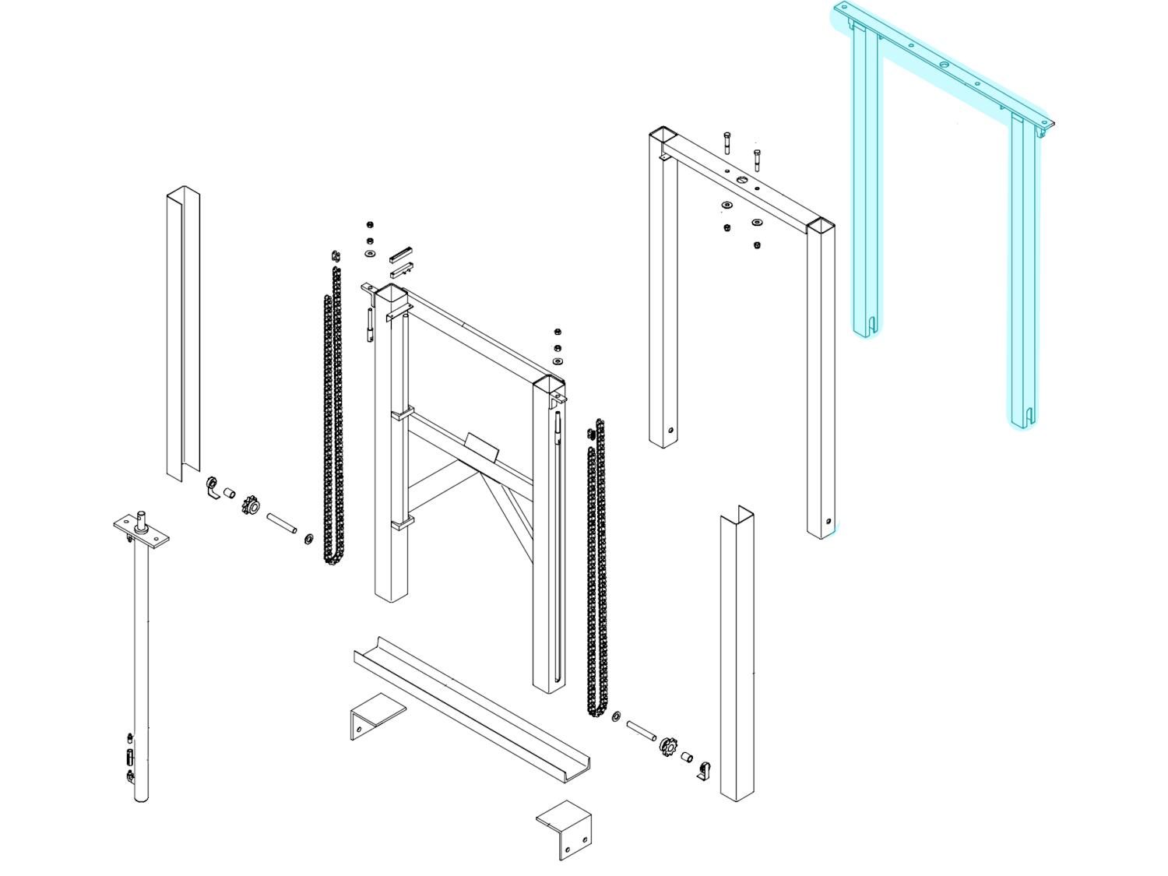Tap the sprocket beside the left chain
252,507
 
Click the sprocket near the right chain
668,747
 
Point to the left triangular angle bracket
375,716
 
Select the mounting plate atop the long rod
142,531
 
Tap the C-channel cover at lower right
737,654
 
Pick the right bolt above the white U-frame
757,159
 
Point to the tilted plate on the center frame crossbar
481,447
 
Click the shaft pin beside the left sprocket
281,522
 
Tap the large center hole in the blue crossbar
945,64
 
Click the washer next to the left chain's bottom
308,538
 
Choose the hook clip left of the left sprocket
213,487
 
